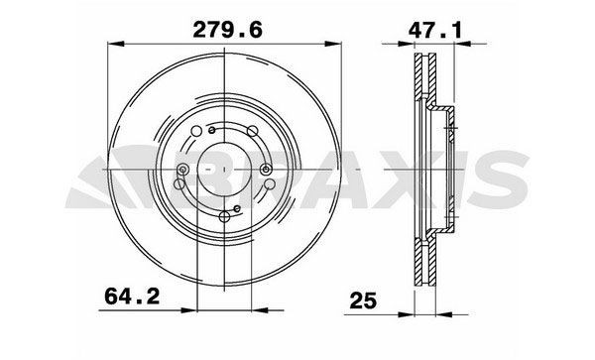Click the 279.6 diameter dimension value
click(227, 32)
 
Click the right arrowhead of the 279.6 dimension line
click(345, 44)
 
